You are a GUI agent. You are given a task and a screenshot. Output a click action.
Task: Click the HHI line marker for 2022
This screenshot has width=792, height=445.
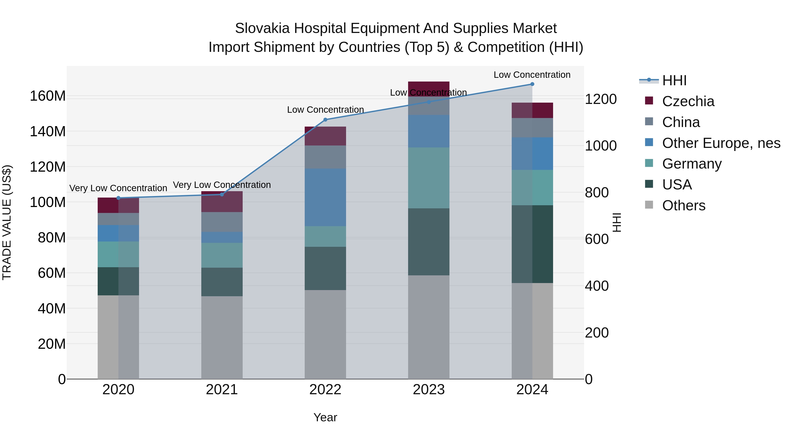[x=325, y=120]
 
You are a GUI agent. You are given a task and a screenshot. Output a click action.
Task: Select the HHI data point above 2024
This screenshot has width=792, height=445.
[x=532, y=84]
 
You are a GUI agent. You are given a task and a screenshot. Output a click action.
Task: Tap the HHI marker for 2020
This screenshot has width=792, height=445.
[x=118, y=198]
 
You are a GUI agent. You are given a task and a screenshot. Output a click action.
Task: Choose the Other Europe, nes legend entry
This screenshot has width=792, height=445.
[x=721, y=143]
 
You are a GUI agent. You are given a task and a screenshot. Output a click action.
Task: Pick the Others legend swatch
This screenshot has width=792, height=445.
[x=649, y=205]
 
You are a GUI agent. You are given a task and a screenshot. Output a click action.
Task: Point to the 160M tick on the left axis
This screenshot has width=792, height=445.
[x=48, y=96]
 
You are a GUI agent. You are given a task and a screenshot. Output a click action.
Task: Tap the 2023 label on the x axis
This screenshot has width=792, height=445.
[x=429, y=390]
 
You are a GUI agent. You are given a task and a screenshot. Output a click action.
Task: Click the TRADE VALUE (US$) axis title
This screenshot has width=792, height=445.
[x=7, y=222]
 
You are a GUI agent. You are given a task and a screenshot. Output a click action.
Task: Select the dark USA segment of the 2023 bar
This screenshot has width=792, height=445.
[x=429, y=242]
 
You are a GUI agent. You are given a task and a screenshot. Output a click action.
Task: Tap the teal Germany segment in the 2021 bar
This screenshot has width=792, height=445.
[x=222, y=255]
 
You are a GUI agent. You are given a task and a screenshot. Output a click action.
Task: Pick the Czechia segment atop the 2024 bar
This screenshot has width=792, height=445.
[x=532, y=110]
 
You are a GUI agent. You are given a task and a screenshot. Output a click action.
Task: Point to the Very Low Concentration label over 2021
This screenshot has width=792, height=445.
[x=222, y=185]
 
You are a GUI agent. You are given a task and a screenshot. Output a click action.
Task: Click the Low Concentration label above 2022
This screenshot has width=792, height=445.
[x=325, y=110]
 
